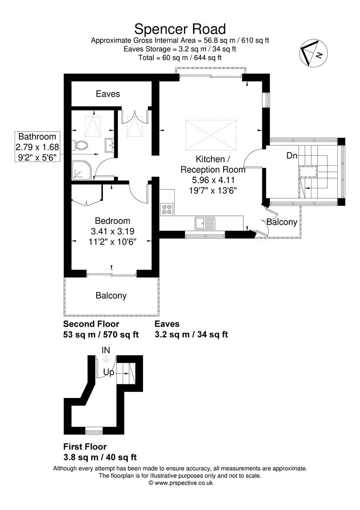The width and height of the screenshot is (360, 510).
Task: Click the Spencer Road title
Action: [x=180, y=29]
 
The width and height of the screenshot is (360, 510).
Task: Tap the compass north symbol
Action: [x=313, y=53]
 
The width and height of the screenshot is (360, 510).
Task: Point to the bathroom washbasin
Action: [x=109, y=145]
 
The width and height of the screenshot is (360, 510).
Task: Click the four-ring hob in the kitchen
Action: [x=167, y=208]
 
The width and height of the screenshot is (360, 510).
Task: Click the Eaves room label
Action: [x=108, y=94]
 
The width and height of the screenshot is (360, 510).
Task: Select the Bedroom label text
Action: [x=112, y=221]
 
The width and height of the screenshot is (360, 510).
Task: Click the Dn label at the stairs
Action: [x=292, y=156]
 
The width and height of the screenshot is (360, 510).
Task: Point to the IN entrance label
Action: [x=106, y=350]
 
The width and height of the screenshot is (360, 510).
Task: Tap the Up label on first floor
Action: [x=109, y=372]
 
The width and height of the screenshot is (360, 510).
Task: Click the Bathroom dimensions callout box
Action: [x=37, y=147]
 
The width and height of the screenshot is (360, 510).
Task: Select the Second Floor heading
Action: [x=92, y=324]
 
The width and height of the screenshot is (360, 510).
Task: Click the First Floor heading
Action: [x=85, y=447]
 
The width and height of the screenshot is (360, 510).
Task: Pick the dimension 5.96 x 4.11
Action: [x=213, y=180]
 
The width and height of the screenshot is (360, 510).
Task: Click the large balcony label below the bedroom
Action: [x=111, y=296]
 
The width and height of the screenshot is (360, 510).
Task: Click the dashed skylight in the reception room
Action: [x=211, y=136]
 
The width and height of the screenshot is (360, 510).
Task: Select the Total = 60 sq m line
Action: [x=180, y=58]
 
